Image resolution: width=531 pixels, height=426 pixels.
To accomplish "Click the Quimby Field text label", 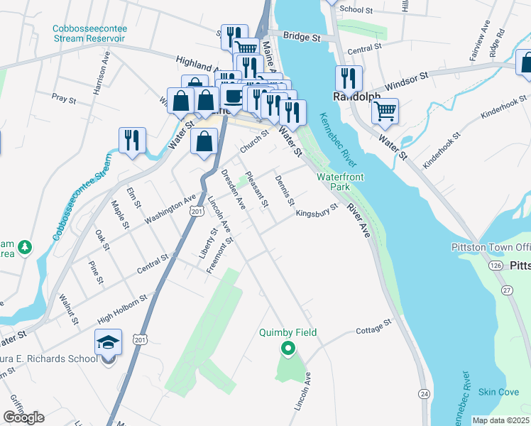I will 288,332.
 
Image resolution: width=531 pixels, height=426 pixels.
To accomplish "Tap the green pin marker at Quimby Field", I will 288,348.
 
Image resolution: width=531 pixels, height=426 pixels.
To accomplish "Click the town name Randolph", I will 357,97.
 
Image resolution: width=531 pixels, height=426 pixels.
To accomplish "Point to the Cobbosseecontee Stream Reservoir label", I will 89,33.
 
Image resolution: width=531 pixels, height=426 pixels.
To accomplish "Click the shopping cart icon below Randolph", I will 384,111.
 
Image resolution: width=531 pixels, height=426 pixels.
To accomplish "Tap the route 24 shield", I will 424,393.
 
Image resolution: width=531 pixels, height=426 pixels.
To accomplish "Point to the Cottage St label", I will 373,326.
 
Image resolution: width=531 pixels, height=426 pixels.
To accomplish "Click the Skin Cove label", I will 498,392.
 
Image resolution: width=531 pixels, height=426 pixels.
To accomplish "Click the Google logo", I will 23,417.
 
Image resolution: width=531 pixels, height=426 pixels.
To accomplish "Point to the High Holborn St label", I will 122,305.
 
